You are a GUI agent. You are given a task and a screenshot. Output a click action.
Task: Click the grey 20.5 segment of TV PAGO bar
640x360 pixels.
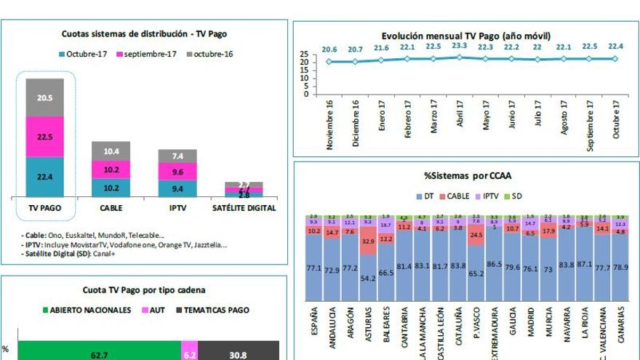pos(44,97)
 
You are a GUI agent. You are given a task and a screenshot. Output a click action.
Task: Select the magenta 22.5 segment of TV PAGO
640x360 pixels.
pos(44,136)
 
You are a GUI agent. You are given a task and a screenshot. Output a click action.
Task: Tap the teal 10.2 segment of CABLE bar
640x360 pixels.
pos(111,187)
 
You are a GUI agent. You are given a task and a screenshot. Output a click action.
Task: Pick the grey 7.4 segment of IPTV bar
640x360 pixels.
pos(177,156)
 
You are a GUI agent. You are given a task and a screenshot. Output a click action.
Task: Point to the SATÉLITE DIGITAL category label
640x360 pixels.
pos(244,208)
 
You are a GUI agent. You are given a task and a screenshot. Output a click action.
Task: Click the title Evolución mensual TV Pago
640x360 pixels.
pos(465,35)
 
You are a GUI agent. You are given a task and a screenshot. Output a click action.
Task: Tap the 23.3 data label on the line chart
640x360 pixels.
pos(459,46)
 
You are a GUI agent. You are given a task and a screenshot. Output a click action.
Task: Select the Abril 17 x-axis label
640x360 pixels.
pos(460,113)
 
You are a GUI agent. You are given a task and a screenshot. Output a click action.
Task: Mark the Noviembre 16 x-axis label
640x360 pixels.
pos(330,124)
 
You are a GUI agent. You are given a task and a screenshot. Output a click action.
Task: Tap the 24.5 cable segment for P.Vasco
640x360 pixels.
pos(476,236)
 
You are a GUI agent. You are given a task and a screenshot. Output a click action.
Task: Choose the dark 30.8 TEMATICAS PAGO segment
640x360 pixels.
pos(237,355)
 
